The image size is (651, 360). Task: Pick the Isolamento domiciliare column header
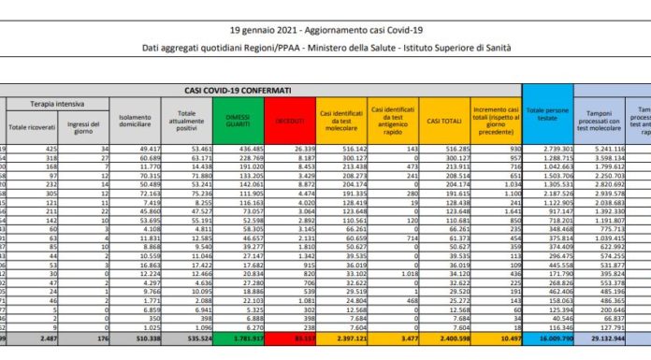point(137,121)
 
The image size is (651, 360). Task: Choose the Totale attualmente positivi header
point(188,121)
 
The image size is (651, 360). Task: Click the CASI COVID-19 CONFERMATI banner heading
point(238,90)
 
